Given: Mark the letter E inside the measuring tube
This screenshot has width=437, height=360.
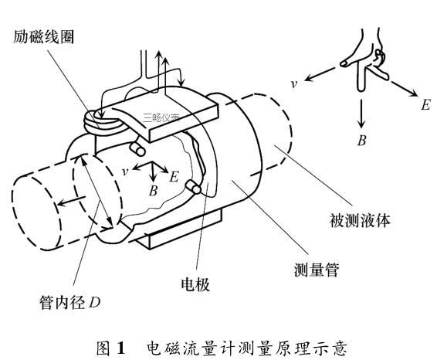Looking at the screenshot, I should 174,178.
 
